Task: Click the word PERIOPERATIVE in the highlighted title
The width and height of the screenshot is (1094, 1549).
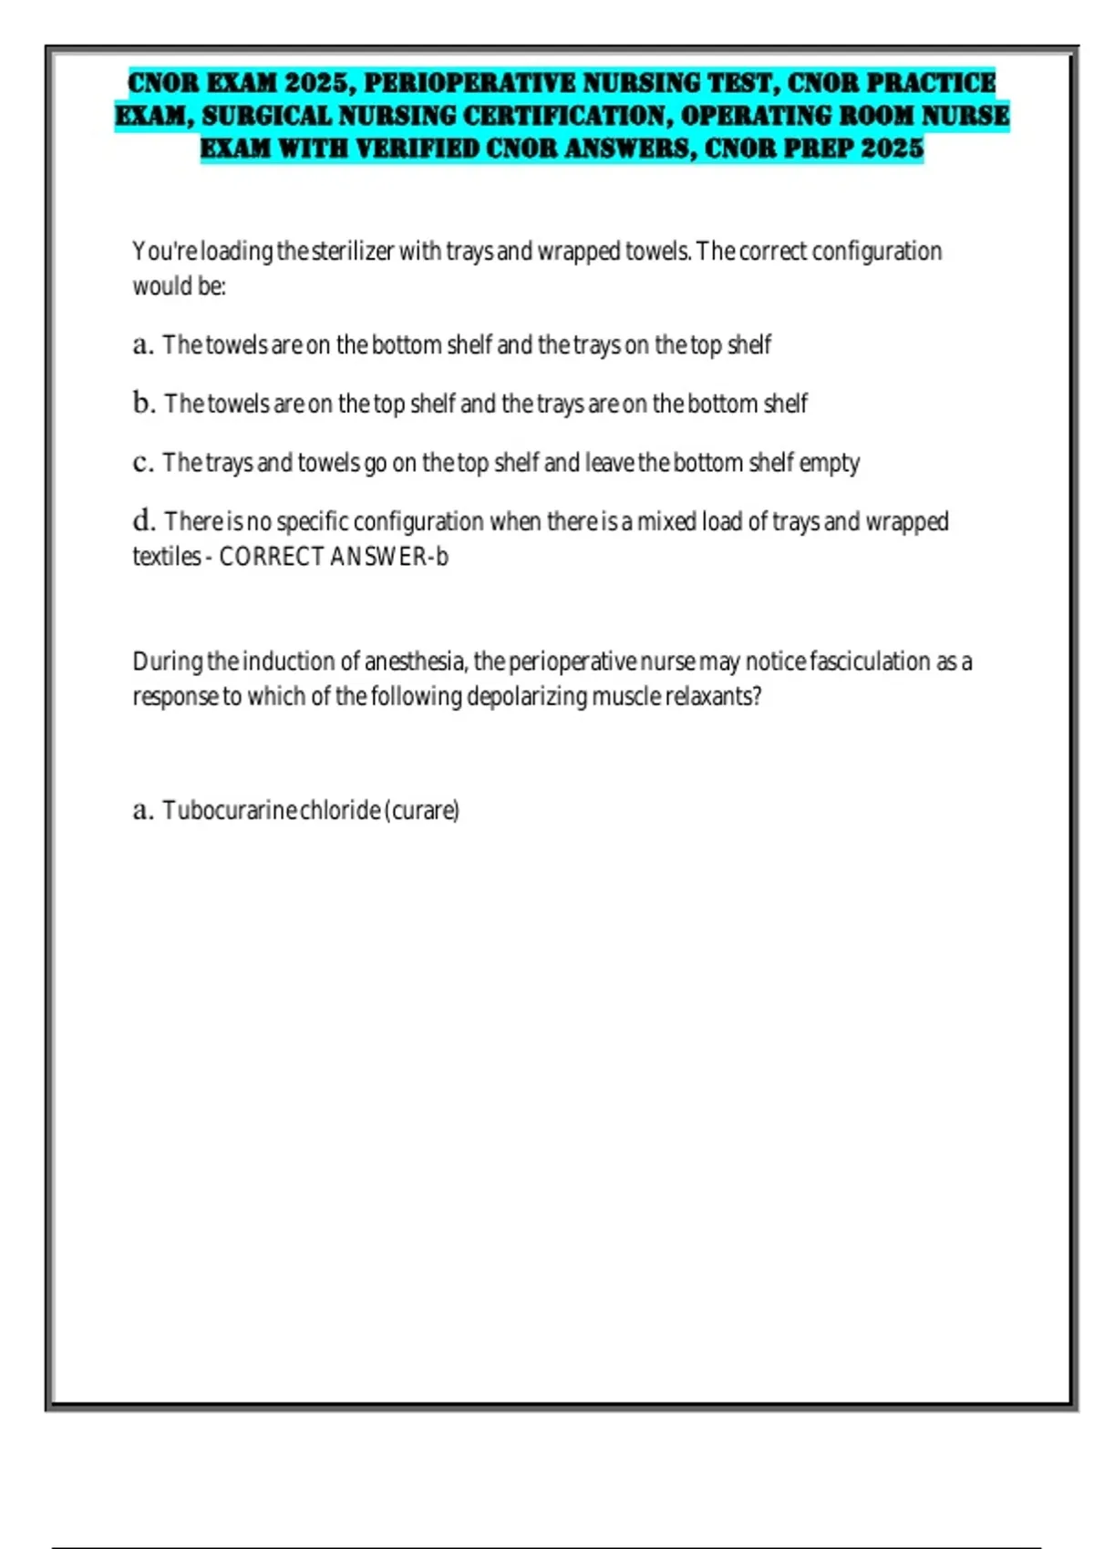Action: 469,83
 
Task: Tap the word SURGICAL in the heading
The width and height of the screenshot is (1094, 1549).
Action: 269,116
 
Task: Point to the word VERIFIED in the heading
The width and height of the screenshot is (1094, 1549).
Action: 418,149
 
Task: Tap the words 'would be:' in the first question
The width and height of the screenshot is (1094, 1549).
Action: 179,286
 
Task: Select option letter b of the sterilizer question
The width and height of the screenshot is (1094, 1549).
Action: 143,403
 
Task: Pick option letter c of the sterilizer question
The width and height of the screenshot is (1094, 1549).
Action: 142,463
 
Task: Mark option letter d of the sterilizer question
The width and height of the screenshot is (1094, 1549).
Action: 143,521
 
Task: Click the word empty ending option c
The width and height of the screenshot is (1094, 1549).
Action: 829,463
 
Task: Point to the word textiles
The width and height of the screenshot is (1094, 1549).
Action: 166,556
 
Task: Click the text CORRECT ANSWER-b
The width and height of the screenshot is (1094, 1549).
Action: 334,556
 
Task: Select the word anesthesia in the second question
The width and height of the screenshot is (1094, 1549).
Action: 415,661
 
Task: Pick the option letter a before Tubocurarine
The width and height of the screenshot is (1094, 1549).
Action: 142,810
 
